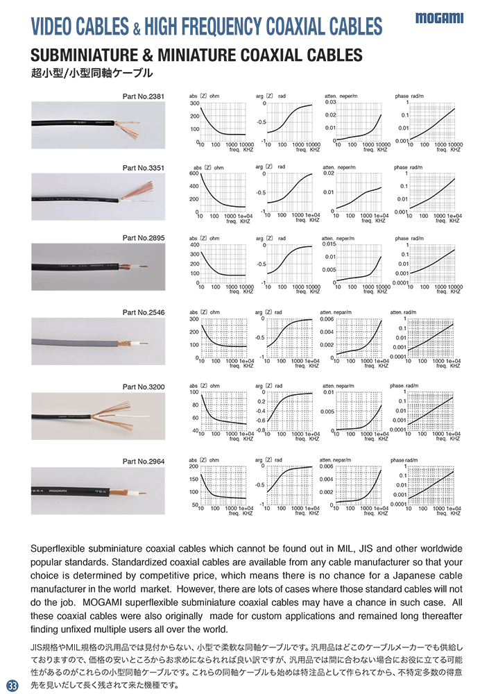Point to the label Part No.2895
(144, 238)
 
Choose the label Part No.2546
(144, 313)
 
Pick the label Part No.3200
(144, 387)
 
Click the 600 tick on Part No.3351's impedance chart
(194, 173)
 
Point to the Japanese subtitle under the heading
(91, 72)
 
